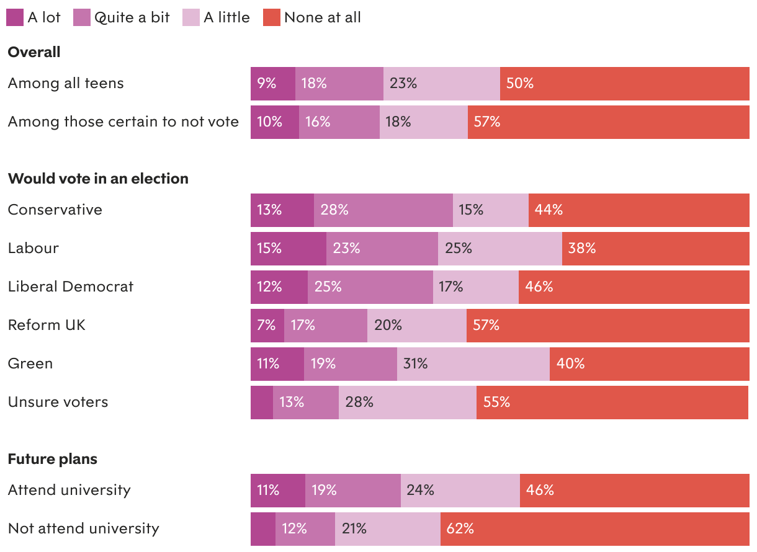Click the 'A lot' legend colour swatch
tap(15, 17)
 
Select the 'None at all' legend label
tap(322, 17)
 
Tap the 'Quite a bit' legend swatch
tap(82, 17)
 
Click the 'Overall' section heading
tap(34, 52)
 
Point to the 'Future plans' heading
tap(53, 459)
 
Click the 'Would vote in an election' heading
tap(98, 179)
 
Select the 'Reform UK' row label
tap(47, 325)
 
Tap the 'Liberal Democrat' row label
tap(71, 287)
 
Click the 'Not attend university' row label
tap(84, 528)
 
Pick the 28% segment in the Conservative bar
tap(383, 210)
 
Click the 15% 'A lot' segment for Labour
tap(289, 248)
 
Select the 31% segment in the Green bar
tap(473, 363)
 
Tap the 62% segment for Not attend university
tap(594, 528)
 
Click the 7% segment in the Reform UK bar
tap(267, 325)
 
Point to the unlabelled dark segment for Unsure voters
tap(262, 402)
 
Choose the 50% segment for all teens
tap(624, 83)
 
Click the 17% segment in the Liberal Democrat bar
tap(476, 287)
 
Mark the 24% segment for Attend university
tap(460, 490)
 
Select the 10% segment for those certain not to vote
tap(275, 122)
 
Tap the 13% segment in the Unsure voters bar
tap(306, 402)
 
